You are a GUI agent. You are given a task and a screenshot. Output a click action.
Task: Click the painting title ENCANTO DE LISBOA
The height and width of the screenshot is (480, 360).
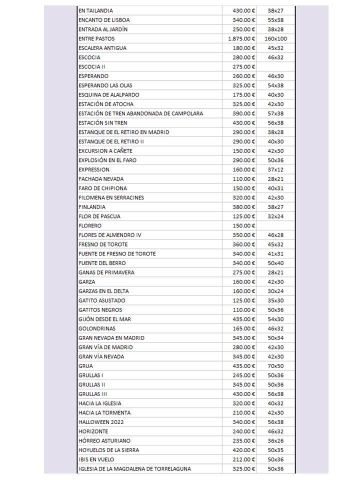click(x=104, y=20)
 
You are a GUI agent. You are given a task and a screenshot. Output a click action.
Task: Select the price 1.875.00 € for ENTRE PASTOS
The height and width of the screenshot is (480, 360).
click(x=241, y=38)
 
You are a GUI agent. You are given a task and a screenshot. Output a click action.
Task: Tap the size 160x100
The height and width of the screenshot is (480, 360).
click(x=275, y=38)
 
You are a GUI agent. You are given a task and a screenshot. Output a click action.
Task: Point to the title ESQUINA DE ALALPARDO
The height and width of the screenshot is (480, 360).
click(x=109, y=95)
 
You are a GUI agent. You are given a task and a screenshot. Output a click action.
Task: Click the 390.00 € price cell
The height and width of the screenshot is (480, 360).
click(x=244, y=113)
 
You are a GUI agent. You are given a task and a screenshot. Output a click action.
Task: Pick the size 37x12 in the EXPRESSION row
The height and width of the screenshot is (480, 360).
click(x=275, y=169)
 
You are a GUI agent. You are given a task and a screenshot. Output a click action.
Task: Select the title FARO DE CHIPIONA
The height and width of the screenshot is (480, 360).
click(x=102, y=188)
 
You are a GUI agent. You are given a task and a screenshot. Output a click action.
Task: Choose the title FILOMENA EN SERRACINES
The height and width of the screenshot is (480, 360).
click(x=111, y=197)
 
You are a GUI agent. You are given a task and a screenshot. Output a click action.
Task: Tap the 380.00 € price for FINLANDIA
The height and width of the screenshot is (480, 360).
click(x=244, y=207)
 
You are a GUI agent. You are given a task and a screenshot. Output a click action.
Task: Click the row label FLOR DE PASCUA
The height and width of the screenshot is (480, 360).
click(x=99, y=216)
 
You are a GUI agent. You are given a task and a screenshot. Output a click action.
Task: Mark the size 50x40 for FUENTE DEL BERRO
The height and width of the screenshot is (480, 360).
click(x=275, y=263)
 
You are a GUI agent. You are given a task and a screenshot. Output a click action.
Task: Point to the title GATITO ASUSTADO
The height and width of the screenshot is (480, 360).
click(x=102, y=300)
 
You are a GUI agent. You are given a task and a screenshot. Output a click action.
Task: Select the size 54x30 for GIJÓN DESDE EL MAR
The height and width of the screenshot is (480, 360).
click(x=275, y=319)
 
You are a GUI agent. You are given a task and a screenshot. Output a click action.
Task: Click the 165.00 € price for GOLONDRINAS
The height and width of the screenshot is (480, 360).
click(x=244, y=328)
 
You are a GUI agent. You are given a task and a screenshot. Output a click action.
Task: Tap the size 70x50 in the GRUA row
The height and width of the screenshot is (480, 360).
click(x=275, y=366)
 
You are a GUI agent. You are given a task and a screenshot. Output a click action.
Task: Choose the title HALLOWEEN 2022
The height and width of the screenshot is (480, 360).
click(x=101, y=422)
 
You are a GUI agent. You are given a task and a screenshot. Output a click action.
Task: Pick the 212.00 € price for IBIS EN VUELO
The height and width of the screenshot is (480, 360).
click(x=244, y=459)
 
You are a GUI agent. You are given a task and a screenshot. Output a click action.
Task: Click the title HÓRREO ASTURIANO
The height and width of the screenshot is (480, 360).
click(x=104, y=441)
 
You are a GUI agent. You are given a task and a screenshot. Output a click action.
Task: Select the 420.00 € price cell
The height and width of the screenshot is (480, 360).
click(x=244, y=450)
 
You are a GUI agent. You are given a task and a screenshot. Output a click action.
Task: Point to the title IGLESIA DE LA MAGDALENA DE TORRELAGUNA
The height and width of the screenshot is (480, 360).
click(x=134, y=469)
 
